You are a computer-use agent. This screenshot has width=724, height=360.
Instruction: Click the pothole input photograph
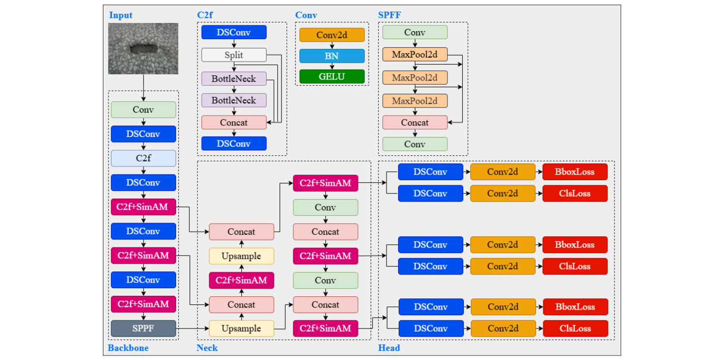coord(143,48)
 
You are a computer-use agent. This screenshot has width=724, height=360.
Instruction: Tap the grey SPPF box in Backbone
coord(143,328)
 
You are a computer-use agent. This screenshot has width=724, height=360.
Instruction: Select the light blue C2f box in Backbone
coord(143,158)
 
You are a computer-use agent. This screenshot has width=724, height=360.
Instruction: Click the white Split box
coord(234,55)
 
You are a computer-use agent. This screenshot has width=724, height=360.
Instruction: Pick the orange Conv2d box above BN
coord(331,35)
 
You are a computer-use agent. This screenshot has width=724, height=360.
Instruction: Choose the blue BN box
coord(331,56)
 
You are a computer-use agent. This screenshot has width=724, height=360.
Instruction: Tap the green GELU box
coord(331,77)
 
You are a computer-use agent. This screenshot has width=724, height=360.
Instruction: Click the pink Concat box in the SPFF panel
coord(414,122)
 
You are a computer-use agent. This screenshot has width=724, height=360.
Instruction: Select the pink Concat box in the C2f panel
coord(234,122)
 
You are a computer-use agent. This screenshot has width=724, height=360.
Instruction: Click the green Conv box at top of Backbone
coord(143,109)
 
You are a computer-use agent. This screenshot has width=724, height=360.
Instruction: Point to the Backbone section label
coord(128,348)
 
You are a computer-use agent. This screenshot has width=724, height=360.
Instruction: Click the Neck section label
coord(207,348)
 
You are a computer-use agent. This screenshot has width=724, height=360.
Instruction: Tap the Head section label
coord(389,348)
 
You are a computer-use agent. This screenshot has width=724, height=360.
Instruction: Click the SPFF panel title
coord(389,15)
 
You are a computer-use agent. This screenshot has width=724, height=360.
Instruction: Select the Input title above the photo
coord(121,15)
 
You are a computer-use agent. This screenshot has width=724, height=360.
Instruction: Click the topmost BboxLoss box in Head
coord(575,172)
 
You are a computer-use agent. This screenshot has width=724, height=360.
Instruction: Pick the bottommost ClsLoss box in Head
coord(575,328)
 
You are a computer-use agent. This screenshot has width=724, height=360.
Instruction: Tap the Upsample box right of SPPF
coord(241,328)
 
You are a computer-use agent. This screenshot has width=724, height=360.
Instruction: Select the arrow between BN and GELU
coord(331,66)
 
